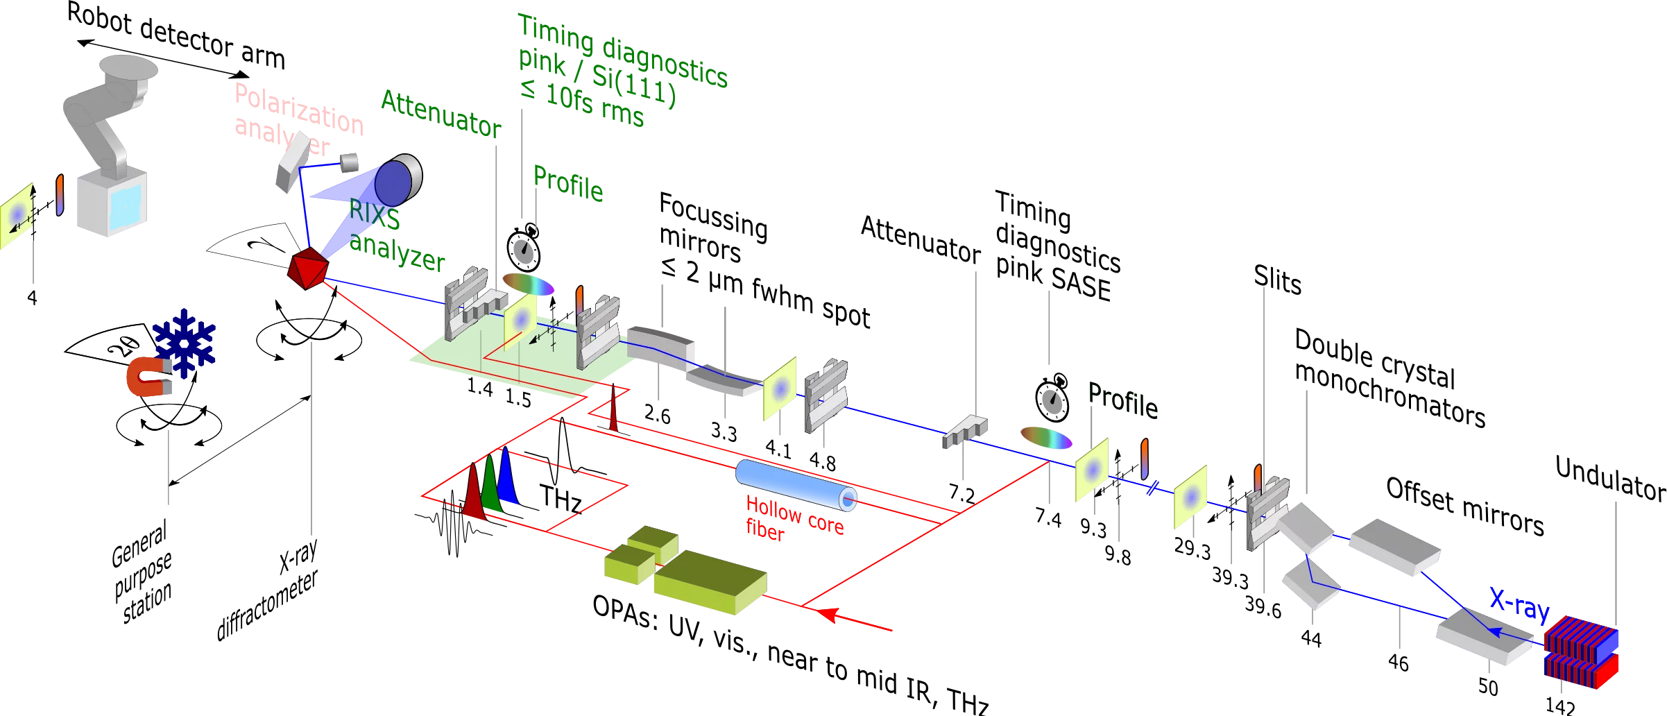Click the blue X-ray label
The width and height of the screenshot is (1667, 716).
pyautogui.click(x=1519, y=606)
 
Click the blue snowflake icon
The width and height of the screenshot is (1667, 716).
pyautogui.click(x=185, y=343)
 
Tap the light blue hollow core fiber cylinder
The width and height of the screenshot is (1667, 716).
pyautogui.click(x=795, y=484)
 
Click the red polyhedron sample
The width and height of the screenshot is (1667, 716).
pyautogui.click(x=307, y=268)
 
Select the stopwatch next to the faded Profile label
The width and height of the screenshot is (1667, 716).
pyautogui.click(x=1052, y=399)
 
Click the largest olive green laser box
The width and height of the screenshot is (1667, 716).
pyautogui.click(x=709, y=581)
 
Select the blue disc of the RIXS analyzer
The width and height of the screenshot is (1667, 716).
pyautogui.click(x=393, y=182)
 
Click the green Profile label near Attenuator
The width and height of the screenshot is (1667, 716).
pyautogui.click(x=568, y=185)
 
